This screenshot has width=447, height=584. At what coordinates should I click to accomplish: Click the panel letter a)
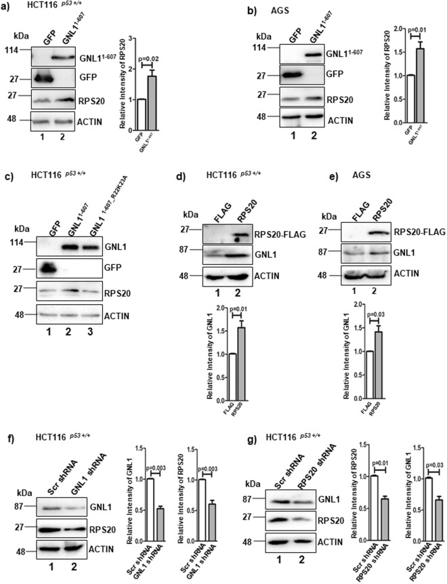(7, 9)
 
